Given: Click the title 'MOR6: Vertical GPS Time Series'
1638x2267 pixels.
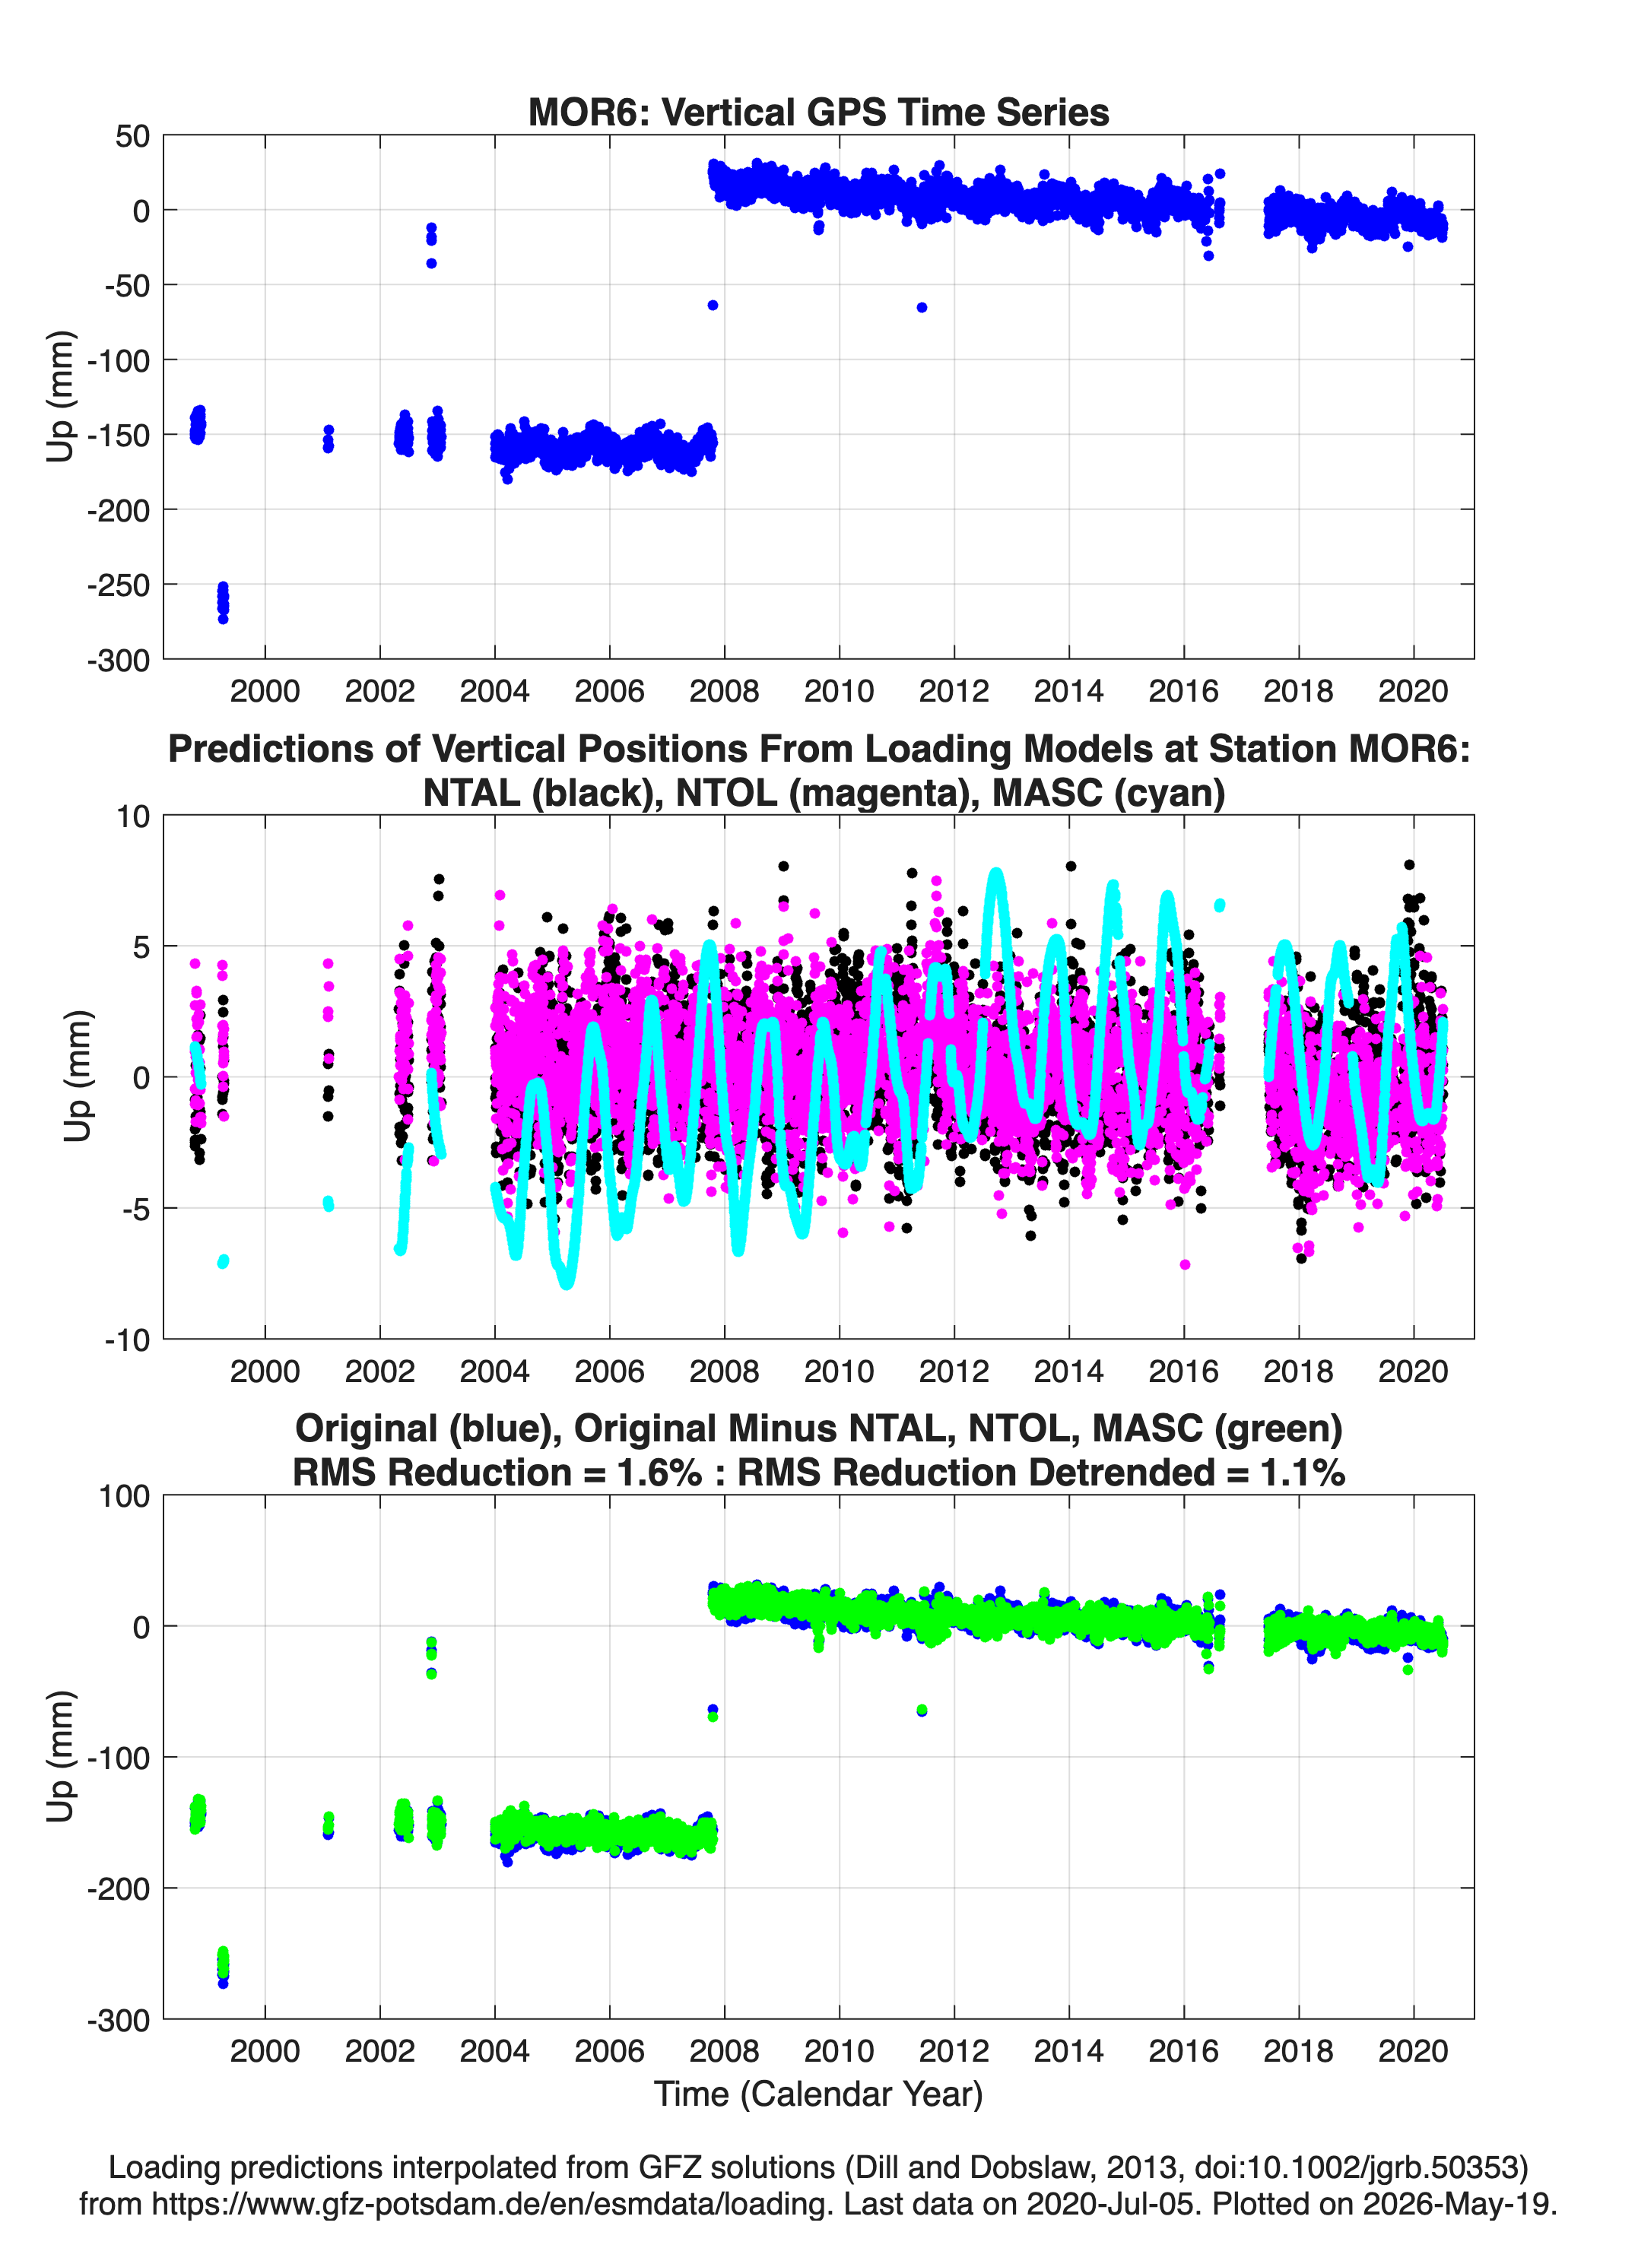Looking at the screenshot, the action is [x=818, y=112].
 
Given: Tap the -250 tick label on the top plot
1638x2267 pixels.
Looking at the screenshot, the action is [x=118, y=585].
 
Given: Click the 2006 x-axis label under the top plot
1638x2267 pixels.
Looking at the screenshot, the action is [x=609, y=691].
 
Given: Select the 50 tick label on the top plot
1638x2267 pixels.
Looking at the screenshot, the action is [x=132, y=136].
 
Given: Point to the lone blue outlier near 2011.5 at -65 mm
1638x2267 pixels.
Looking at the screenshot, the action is [x=922, y=308].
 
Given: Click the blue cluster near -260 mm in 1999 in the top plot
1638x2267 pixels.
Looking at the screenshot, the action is [x=223, y=602].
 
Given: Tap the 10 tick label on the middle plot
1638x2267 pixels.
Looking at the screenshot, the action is [x=133, y=816].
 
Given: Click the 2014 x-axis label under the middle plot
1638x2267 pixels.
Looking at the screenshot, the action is [x=1069, y=1371].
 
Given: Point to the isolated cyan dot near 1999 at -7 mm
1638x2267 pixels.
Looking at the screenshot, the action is [x=223, y=1261].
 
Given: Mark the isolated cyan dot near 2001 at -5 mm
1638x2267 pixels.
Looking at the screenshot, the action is [x=328, y=1203].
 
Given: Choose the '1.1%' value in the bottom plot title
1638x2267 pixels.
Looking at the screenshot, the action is [x=1302, y=1473].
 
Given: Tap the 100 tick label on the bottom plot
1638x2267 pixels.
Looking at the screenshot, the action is [x=124, y=1496].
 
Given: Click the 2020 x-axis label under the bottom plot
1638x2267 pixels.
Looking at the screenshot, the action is [x=1413, y=2051].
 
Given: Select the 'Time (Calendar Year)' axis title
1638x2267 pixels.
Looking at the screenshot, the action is [x=818, y=2094].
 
